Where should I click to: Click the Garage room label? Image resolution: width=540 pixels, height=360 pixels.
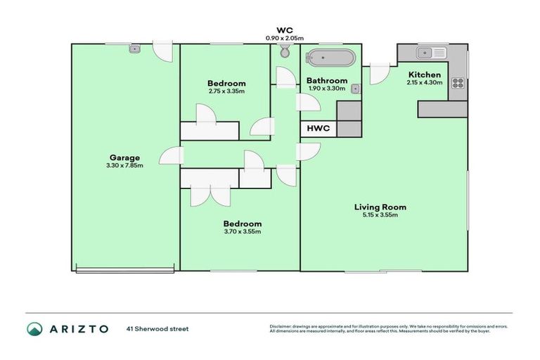[124, 157]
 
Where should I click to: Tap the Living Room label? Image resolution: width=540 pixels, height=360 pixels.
[380, 207]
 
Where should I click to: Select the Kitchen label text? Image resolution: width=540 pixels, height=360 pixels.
[424, 75]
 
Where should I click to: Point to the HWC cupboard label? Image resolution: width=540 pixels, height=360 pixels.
[318, 129]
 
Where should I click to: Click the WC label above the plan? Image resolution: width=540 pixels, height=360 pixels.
[285, 30]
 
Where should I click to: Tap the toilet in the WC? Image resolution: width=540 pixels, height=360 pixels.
[285, 51]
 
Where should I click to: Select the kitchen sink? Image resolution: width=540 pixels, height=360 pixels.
[430, 53]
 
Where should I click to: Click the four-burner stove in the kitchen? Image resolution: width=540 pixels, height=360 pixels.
[457, 83]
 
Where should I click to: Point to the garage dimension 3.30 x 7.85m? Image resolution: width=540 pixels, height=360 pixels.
[124, 166]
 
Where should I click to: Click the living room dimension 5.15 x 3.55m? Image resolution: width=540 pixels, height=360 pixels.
[380, 215]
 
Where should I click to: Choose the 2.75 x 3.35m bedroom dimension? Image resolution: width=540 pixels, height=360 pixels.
[226, 91]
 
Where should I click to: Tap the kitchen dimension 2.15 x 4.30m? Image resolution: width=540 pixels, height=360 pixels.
[424, 82]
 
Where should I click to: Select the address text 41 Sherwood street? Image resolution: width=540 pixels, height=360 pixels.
[157, 328]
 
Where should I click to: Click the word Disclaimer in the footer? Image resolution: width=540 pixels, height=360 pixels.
[281, 326]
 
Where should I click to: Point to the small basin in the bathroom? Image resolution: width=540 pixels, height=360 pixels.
[355, 89]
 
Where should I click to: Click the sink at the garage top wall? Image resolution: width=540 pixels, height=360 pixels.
[135, 49]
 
